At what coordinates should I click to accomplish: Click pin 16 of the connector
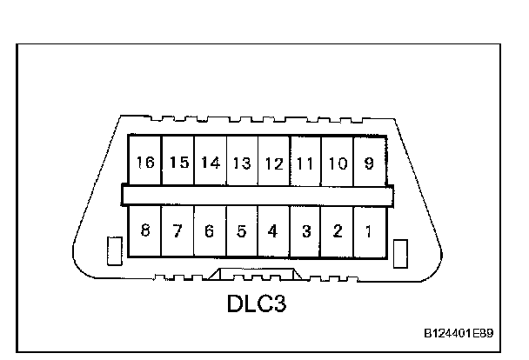click(145, 163)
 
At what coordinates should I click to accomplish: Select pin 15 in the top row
click(178, 163)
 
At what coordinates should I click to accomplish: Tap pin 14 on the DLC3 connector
click(210, 163)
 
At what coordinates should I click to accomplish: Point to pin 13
click(242, 163)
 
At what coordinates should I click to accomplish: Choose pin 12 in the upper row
click(274, 163)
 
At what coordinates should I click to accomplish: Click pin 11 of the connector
click(305, 163)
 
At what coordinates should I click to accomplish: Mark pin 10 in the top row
click(337, 163)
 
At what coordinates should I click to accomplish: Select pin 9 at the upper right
click(369, 163)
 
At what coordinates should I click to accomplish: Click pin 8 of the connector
click(145, 231)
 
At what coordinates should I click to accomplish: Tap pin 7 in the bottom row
click(177, 231)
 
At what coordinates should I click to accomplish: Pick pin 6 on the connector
click(210, 231)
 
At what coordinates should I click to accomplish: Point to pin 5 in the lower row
click(242, 231)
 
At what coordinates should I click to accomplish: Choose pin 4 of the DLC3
click(273, 231)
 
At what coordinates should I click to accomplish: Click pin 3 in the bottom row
click(305, 231)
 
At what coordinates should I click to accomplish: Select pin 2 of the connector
click(337, 231)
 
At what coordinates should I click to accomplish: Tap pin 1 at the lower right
click(369, 231)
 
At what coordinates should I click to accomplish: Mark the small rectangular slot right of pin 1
click(400, 254)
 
